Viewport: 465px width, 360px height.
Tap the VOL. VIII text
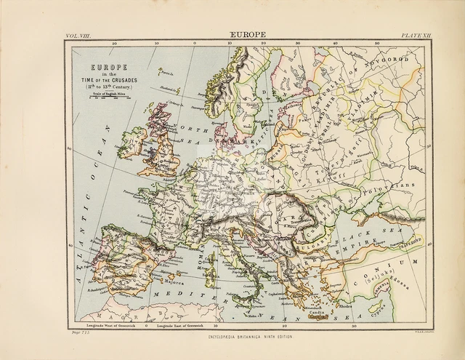point(79,34)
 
